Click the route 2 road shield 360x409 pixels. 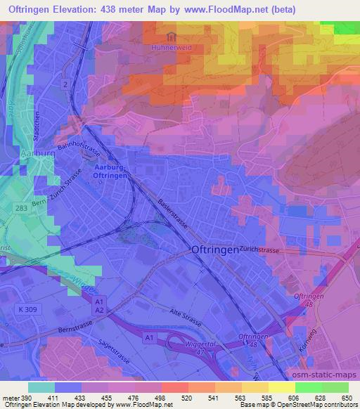coord(65,84)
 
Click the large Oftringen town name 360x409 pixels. coord(214,249)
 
